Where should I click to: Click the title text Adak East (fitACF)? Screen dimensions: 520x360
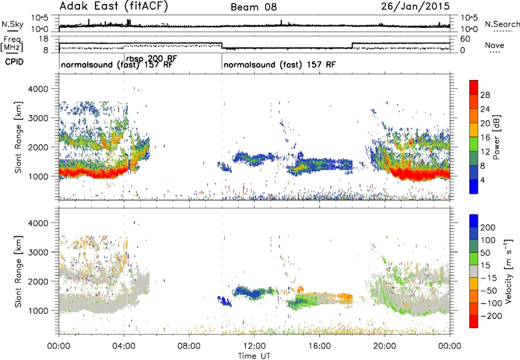pyautogui.click(x=114, y=6)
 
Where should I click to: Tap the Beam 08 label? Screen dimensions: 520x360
pyautogui.click(x=253, y=7)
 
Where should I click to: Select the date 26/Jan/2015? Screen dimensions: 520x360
pyautogui.click(x=415, y=6)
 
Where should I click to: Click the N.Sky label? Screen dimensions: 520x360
pyautogui.click(x=12, y=24)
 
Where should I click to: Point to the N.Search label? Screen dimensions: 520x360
pyautogui.click(x=502, y=24)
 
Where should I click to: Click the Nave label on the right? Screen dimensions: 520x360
pyautogui.click(x=495, y=45)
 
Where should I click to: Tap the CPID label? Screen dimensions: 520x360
pyautogui.click(x=14, y=62)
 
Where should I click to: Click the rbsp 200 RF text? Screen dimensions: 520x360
pyautogui.click(x=151, y=59)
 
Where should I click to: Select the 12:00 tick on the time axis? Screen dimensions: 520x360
pyautogui.click(x=254, y=346)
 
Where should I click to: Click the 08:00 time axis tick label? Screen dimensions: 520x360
pyautogui.click(x=189, y=346)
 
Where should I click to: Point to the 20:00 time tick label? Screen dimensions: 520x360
pyautogui.click(x=385, y=346)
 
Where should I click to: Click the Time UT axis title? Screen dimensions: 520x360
pyautogui.click(x=254, y=356)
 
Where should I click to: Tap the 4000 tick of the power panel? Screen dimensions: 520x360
pyautogui.click(x=38, y=89)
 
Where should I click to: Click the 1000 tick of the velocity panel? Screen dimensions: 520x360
pyautogui.click(x=38, y=311)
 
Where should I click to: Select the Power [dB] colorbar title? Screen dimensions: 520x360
pyautogui.click(x=496, y=137)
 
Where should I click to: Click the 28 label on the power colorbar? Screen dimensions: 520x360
pyautogui.click(x=485, y=95)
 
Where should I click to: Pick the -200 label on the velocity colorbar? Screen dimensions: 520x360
pyautogui.click(x=489, y=316)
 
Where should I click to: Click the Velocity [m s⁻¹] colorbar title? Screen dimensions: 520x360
pyautogui.click(x=508, y=271)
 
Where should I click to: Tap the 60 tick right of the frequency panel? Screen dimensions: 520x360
pyautogui.click(x=465, y=39)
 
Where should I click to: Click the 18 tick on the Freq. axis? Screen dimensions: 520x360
pyautogui.click(x=43, y=39)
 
